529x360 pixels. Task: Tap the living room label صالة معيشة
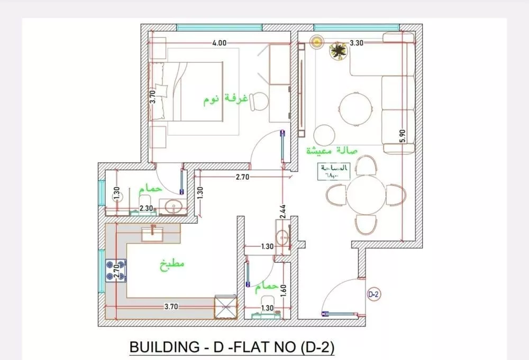point(332,151)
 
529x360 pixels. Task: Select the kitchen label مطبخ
point(172,264)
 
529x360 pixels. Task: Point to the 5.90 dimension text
point(403,136)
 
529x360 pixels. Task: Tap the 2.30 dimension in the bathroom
point(147,209)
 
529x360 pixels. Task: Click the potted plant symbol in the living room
point(337,51)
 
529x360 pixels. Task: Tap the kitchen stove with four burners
point(116,270)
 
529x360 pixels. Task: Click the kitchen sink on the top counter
point(153,233)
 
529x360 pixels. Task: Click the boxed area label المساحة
point(334,171)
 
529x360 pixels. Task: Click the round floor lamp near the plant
point(317,41)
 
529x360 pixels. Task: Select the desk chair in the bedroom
point(259,101)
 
